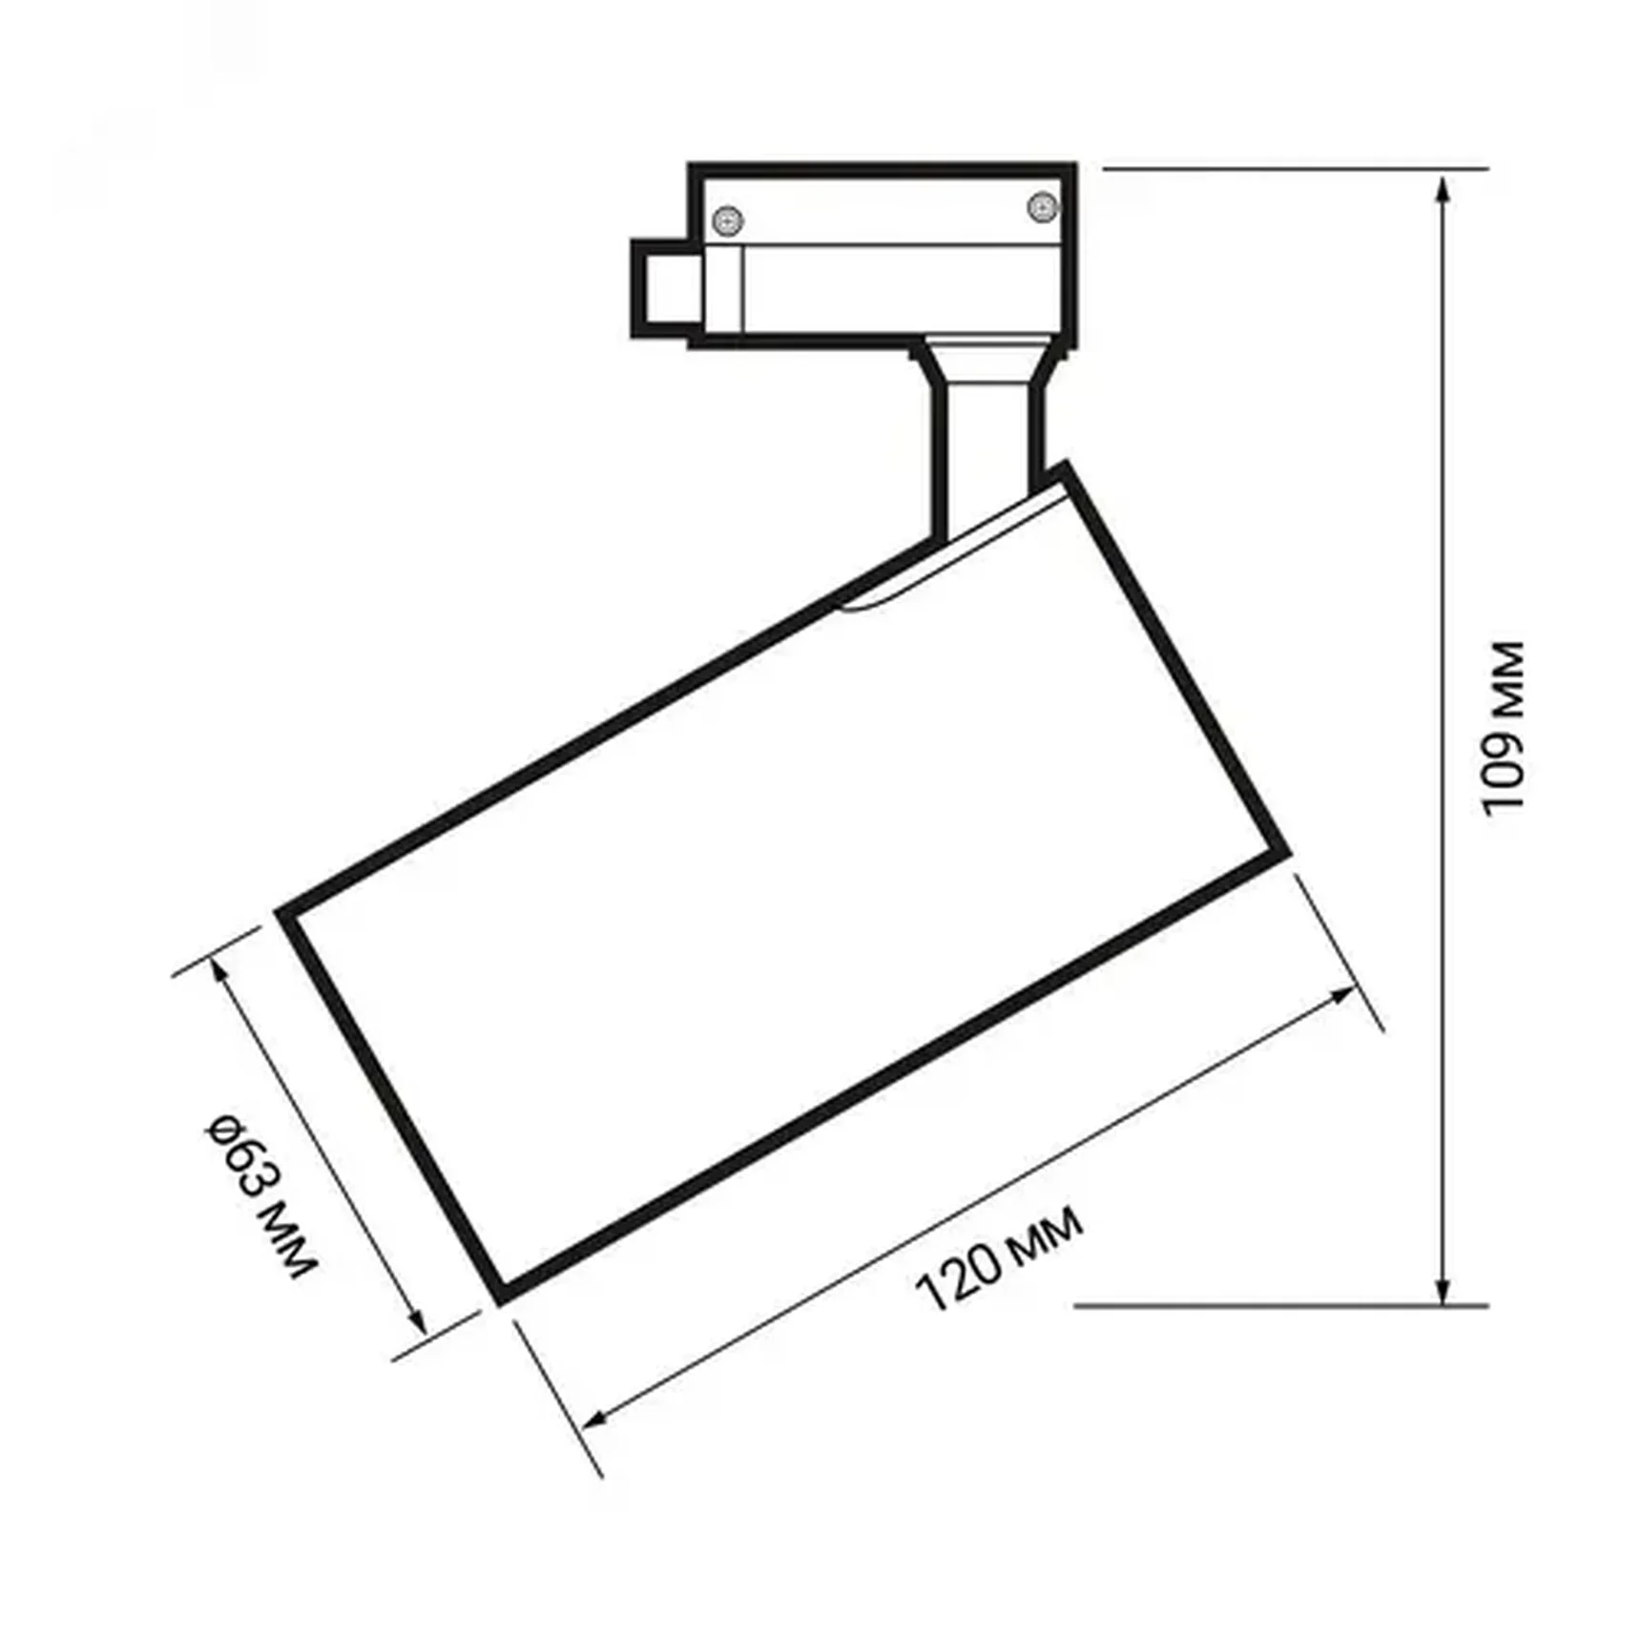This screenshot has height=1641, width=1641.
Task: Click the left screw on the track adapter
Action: pyautogui.click(x=729, y=221)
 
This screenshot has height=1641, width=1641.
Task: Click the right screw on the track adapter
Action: pyautogui.click(x=1042, y=206)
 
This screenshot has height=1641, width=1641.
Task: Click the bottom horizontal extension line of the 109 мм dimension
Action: pyautogui.click(x=1278, y=1305)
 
